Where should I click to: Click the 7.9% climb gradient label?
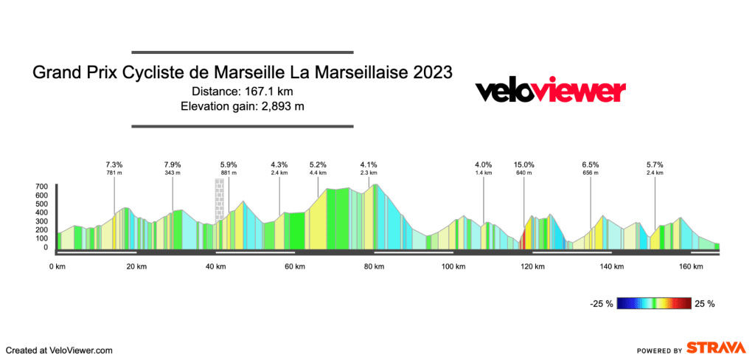coord(173,165)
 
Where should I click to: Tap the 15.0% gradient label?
coord(524,165)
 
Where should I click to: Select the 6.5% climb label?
coord(591,165)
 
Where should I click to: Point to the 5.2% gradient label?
coord(318,165)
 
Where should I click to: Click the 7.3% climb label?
coord(114,165)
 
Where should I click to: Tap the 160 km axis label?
coord(691,266)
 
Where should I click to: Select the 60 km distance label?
coord(294,266)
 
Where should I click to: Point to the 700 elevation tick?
coord(41,187)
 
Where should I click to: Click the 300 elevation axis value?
coord(41,221)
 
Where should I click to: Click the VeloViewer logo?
coord(550,91)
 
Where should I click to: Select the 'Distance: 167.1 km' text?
coord(243,91)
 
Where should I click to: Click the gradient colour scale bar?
coord(655,302)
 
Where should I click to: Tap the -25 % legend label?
coord(602,303)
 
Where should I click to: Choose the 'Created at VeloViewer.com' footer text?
coord(59,350)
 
